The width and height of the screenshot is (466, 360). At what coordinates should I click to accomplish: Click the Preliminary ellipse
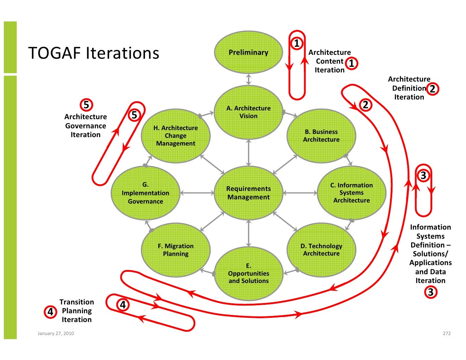click(248, 52)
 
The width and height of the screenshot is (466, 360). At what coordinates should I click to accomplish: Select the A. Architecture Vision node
click(248, 112)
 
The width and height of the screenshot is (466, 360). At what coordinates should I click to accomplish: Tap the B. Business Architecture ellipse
click(321, 136)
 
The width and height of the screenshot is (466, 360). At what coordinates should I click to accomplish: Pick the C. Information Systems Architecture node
click(351, 193)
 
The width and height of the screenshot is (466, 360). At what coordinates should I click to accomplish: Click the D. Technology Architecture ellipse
click(321, 250)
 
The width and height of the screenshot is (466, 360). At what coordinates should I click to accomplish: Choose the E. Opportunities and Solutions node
click(248, 273)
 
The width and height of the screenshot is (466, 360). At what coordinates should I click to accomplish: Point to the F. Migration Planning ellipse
click(175, 250)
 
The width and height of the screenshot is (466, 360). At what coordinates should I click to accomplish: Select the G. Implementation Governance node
click(145, 193)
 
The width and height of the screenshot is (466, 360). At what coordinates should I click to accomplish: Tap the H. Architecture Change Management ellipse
click(175, 136)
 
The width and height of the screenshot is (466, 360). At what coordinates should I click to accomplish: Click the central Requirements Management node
click(248, 193)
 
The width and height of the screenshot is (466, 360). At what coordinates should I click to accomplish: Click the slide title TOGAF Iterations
click(94, 53)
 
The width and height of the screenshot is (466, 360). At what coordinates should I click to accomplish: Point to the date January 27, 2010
click(56, 333)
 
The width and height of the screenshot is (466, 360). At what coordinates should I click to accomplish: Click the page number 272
click(446, 333)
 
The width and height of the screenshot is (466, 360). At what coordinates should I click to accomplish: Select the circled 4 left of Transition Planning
click(50, 311)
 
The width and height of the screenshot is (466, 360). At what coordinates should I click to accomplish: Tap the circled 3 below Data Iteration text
click(430, 292)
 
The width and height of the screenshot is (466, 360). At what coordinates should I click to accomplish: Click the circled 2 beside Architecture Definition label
click(432, 89)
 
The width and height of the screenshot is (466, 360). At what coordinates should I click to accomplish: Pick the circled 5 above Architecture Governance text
click(86, 105)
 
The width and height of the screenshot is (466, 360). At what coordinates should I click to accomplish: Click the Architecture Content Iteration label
click(329, 61)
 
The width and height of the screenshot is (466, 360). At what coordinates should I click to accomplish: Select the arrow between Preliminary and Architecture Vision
click(249, 79)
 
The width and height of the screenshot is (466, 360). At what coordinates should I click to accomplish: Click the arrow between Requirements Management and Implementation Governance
click(197, 193)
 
